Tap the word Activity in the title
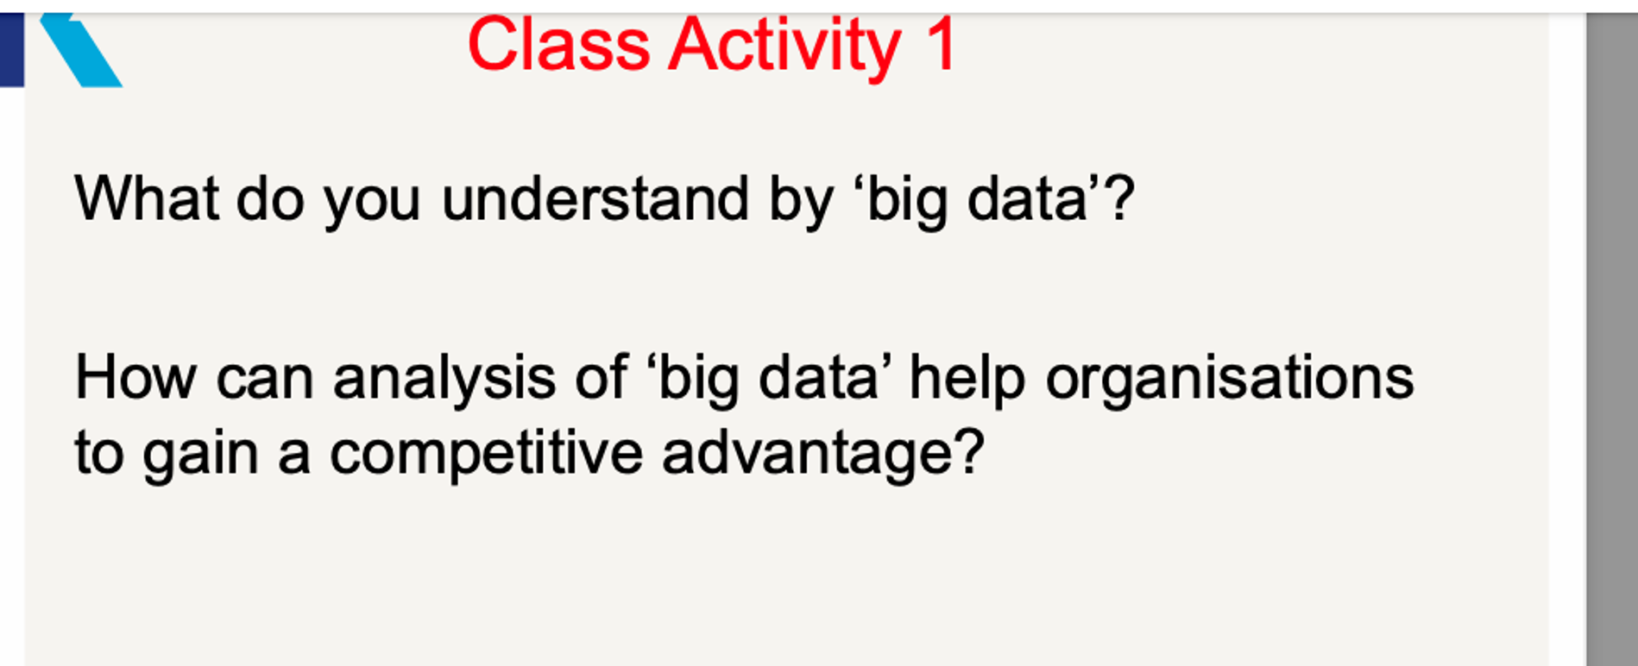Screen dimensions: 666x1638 point(784,47)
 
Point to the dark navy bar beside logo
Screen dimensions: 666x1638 point(11,49)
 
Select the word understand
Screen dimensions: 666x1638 point(595,198)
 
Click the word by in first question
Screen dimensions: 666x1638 point(801,202)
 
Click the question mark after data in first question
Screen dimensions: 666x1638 point(1119,198)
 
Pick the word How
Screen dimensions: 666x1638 point(135,378)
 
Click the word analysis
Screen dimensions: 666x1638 point(444,380)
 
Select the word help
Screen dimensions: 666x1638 point(967,380)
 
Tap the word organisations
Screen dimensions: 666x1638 point(1229,380)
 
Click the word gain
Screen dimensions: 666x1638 point(200,456)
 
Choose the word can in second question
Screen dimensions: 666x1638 point(264,380)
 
